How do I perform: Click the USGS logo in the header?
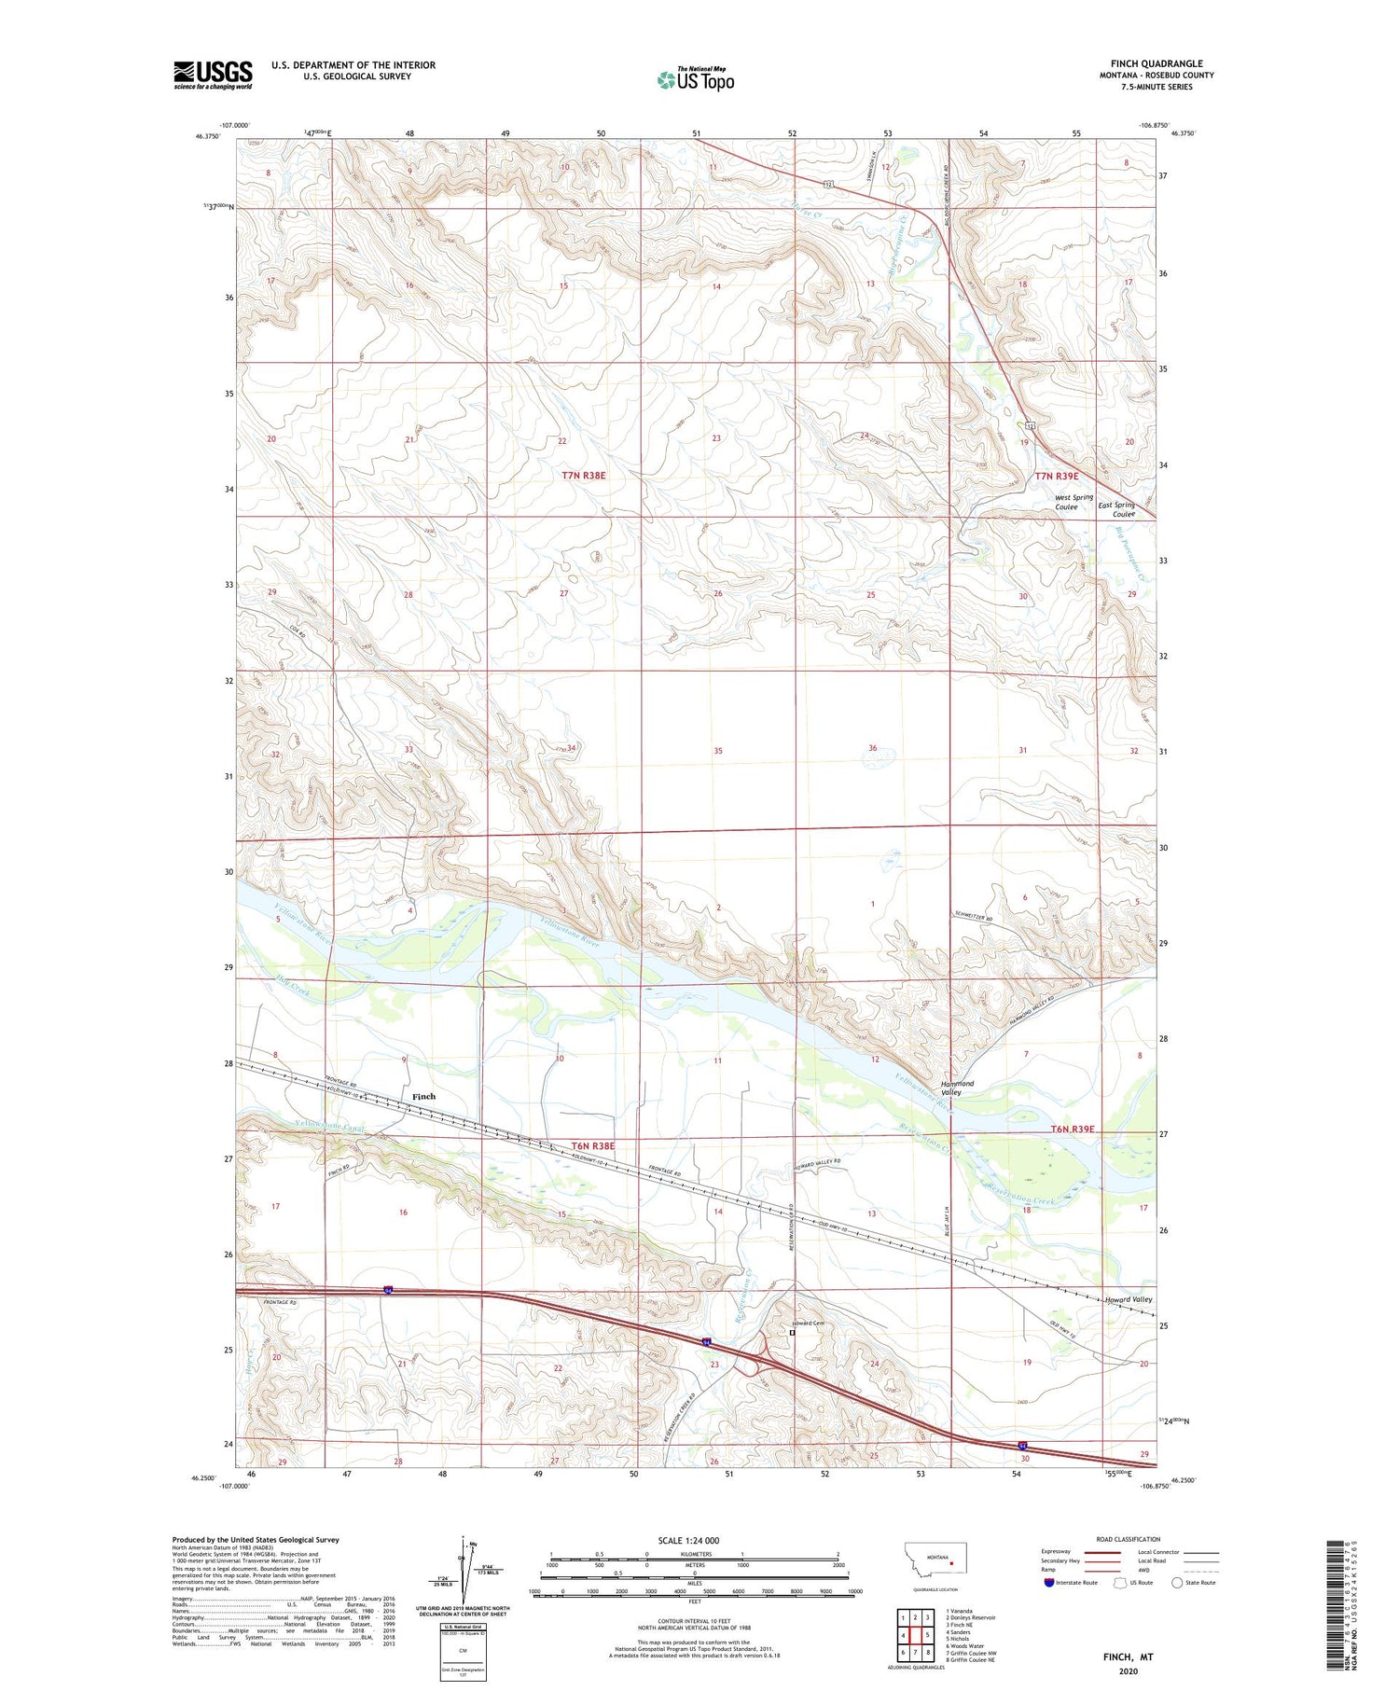(213, 75)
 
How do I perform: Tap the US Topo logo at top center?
(696, 79)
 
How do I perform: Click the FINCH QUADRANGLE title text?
(1156, 63)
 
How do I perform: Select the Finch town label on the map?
(423, 1096)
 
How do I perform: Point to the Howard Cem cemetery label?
(808, 1323)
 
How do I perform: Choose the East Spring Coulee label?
(1116, 509)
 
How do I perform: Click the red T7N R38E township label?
(584, 476)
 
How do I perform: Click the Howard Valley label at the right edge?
(1129, 1299)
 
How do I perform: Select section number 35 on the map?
(717, 751)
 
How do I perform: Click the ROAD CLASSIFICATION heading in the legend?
(1129, 1539)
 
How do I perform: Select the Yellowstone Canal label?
(327, 1129)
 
